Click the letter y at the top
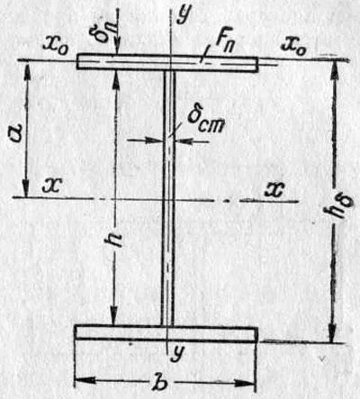(x=184, y=14)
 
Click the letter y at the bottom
(x=178, y=353)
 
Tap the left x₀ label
(x=56, y=46)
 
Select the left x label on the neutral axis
(x=51, y=186)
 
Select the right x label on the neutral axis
(x=274, y=190)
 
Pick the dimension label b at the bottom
(x=159, y=383)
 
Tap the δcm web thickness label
(x=205, y=122)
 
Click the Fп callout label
(x=224, y=42)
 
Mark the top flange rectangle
(x=167, y=62)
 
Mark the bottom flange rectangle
(x=166, y=333)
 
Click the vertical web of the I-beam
(x=168, y=198)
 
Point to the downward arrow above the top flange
(x=118, y=29)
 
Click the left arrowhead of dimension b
(x=84, y=381)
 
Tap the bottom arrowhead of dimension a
(x=27, y=188)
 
